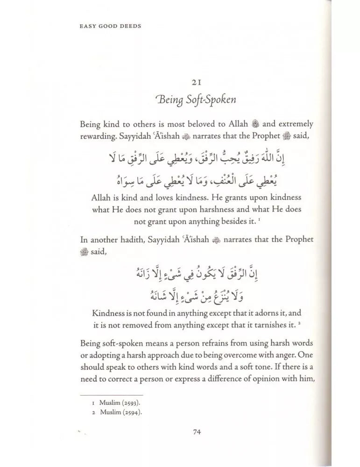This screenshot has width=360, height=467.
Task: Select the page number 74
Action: point(197,432)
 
